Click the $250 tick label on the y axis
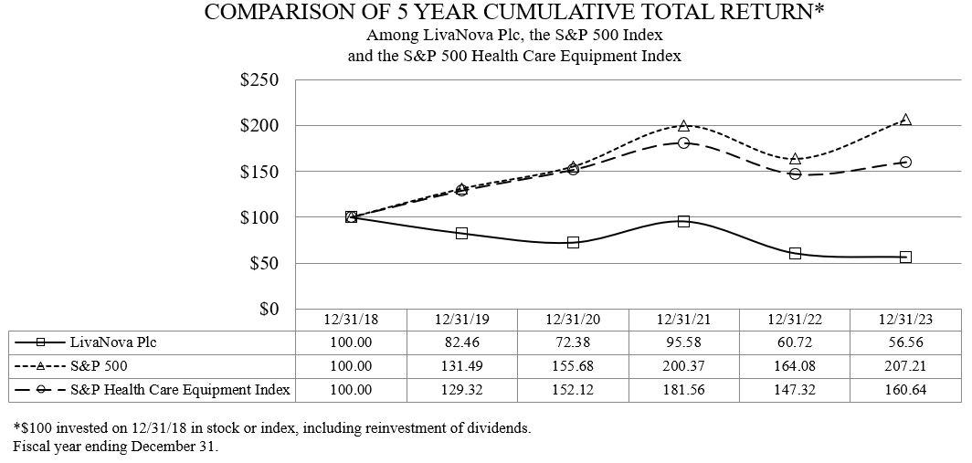click(259, 79)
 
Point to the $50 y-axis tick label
click(264, 263)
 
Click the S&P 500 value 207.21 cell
click(904, 365)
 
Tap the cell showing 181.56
click(683, 389)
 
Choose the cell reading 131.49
click(461, 365)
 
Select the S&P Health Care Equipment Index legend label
click(180, 389)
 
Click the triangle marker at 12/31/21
click(683, 125)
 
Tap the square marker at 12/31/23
click(905, 257)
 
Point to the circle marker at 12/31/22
click(795, 174)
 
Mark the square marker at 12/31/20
click(573, 242)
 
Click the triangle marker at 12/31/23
click(905, 120)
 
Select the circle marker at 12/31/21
click(683, 142)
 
